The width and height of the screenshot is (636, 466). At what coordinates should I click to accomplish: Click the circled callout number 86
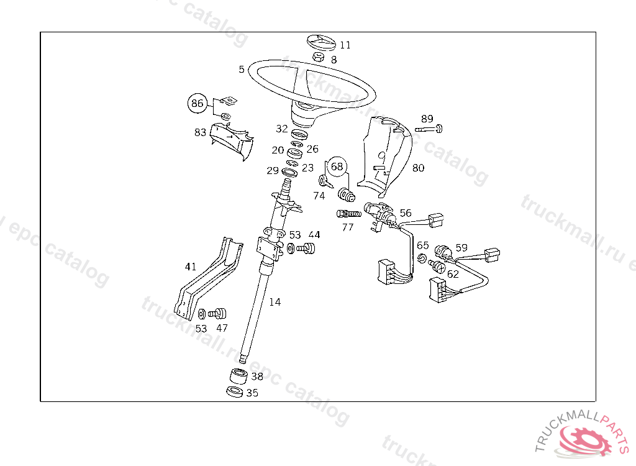pos(198,103)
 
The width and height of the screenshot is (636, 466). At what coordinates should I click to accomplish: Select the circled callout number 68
pos(337,167)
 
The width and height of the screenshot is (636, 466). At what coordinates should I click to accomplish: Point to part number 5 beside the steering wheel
pos(242,70)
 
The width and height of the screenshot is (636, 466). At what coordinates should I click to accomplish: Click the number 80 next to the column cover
pos(419,168)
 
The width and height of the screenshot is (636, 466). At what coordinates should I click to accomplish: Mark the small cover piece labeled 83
pos(231,139)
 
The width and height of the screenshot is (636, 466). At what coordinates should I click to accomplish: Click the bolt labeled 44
pos(307,249)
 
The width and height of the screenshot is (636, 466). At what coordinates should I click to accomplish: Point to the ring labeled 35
pos(235,392)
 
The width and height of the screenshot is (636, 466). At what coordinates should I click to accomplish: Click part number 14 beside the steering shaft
pos(275,302)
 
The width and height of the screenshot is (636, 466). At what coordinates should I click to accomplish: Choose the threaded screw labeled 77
pos(349,214)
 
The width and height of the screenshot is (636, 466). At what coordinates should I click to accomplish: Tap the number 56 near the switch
pos(406,213)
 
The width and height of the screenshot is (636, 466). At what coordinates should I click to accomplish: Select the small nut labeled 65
pos(422,258)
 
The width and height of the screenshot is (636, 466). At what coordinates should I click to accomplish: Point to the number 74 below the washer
pos(319,196)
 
